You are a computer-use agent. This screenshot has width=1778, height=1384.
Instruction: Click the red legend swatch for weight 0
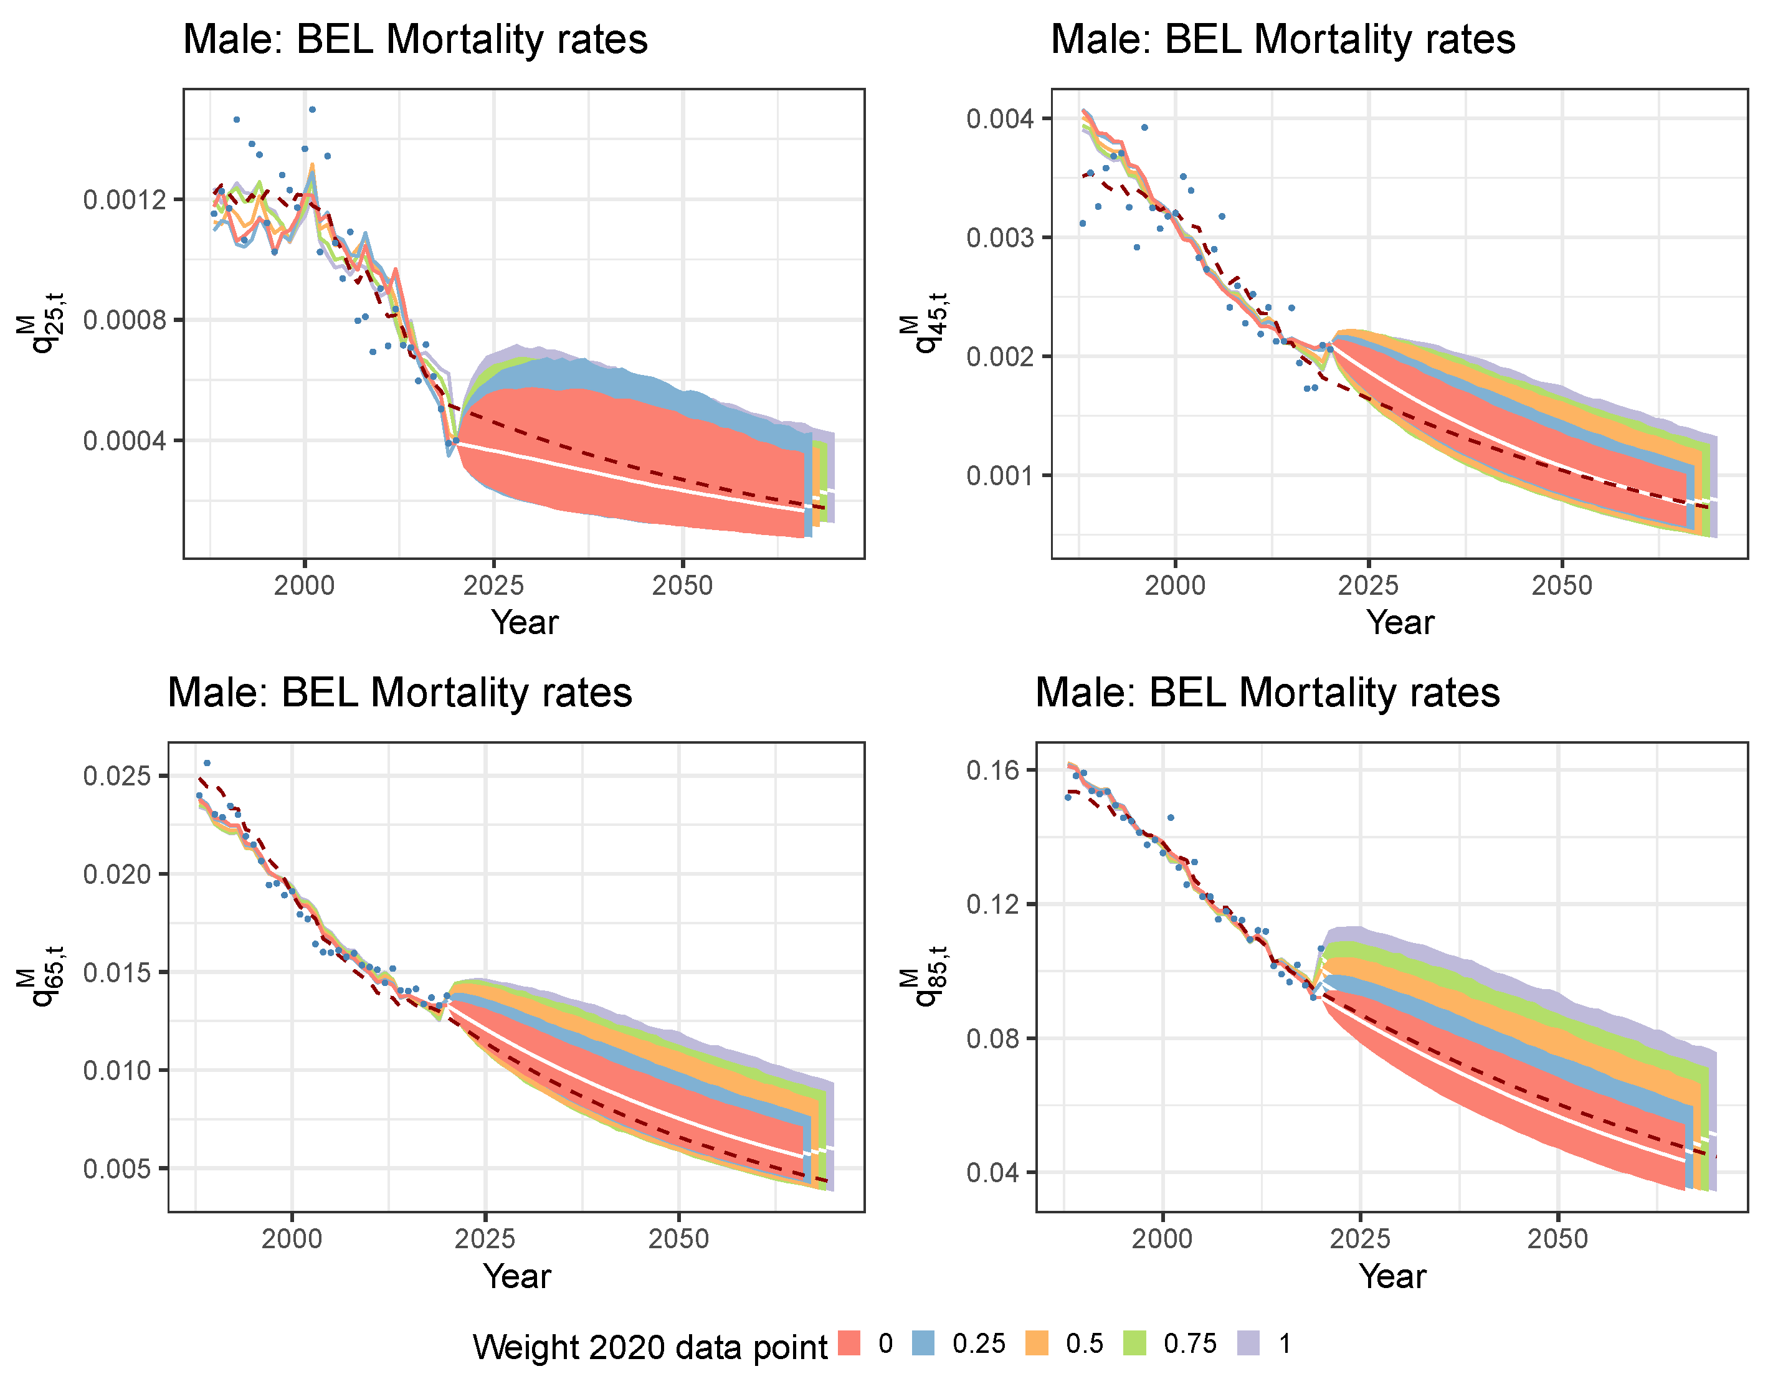coord(849,1342)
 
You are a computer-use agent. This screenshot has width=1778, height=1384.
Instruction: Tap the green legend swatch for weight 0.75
coord(1134,1342)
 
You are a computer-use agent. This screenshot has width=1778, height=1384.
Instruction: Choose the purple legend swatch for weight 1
coord(1248,1342)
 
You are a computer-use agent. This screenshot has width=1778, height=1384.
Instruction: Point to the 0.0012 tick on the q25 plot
coord(124,199)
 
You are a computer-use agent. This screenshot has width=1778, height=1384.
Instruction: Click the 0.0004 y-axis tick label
coord(124,440)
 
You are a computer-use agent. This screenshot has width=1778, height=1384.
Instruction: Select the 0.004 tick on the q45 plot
coord(1000,119)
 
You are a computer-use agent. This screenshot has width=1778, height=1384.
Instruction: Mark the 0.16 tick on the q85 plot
coord(992,770)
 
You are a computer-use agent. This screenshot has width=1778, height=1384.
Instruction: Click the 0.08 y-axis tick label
coord(992,1039)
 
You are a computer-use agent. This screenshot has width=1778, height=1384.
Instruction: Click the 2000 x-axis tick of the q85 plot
coord(1162,1238)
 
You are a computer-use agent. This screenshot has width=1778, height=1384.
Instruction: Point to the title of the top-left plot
coord(415,39)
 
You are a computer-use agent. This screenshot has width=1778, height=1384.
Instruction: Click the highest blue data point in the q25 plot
coord(311,109)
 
